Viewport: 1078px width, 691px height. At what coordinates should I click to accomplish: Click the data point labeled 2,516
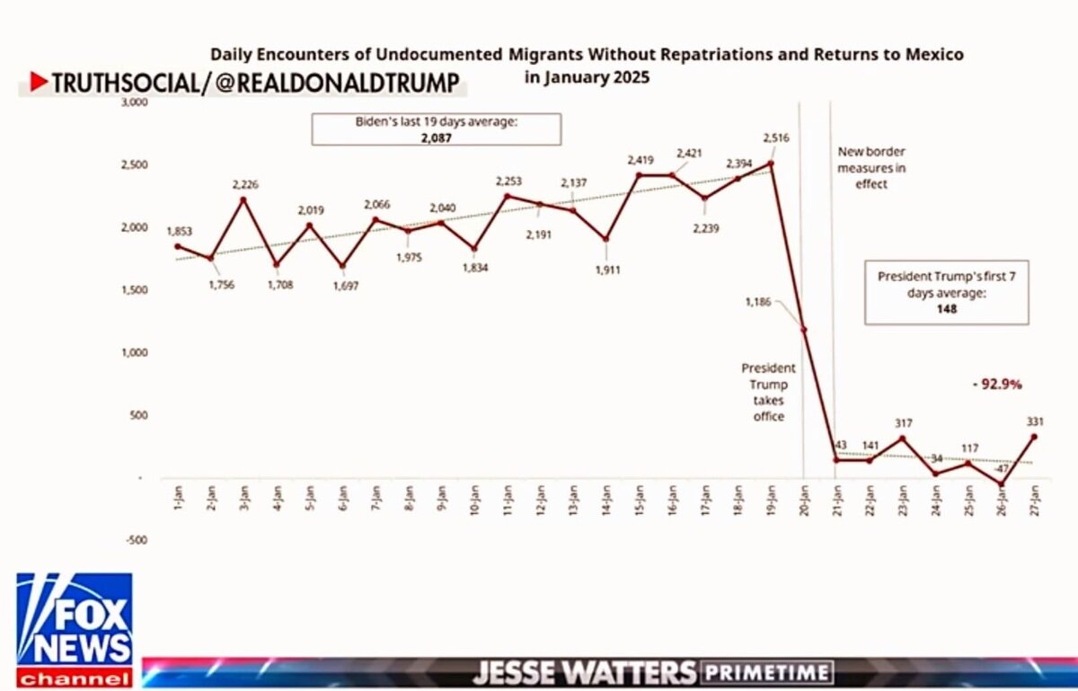771,164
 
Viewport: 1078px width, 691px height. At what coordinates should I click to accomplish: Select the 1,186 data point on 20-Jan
803,330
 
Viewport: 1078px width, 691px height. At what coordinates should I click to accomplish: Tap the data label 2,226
244,184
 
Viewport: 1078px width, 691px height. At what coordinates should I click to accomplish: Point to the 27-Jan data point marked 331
1033,438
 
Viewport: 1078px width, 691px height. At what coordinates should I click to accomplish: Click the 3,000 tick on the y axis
134,102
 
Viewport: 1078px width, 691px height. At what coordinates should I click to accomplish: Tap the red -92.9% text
998,384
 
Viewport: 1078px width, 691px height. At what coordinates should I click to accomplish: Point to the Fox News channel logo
75,629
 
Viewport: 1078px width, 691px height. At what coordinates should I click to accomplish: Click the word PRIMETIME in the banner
767,673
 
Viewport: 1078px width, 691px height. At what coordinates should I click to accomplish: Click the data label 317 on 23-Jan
903,422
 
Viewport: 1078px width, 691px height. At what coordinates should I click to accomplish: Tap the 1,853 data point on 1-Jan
178,246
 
